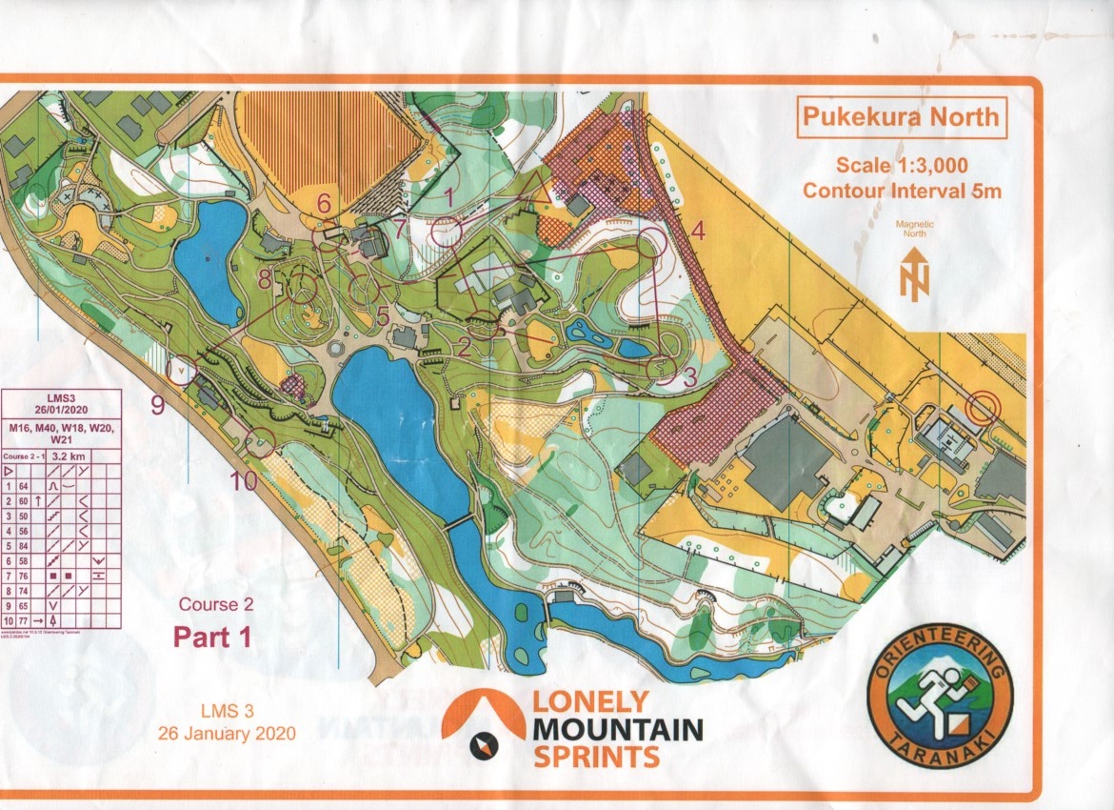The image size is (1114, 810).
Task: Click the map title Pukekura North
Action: [x=901, y=117]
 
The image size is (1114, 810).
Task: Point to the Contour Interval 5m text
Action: [x=901, y=191]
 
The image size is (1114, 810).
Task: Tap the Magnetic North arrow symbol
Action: [x=913, y=273]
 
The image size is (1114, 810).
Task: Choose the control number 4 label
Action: [x=697, y=231]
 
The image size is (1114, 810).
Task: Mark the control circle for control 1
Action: [x=446, y=230]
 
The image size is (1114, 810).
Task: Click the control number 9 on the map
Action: [x=158, y=404]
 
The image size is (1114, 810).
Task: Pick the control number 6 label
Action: [x=324, y=202]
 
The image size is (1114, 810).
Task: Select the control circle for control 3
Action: [x=661, y=367]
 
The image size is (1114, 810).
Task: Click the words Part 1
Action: [x=212, y=637]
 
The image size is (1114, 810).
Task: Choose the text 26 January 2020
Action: [x=227, y=733]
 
